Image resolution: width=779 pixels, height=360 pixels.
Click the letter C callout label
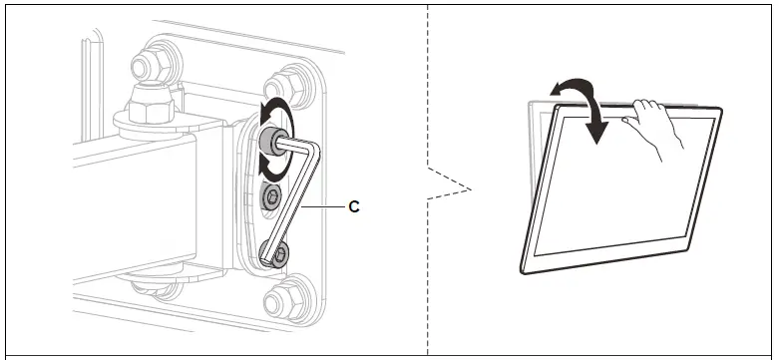(x=354, y=206)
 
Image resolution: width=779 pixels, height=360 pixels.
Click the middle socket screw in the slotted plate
(x=271, y=195)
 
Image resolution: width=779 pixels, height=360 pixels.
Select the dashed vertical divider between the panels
(x=428, y=180)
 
